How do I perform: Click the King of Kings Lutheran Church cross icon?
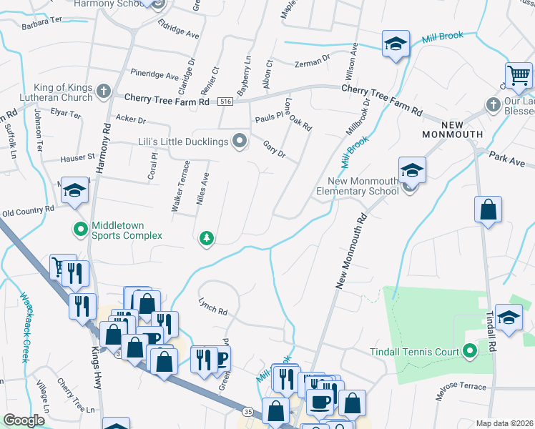103,91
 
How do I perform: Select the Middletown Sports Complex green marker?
80,230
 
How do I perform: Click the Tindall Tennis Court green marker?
469,350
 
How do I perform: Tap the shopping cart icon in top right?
518,74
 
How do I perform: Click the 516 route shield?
225,101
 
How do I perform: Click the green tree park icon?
207,238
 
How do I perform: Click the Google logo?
24,420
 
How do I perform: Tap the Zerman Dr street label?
312,64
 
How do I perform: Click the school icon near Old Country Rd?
74,190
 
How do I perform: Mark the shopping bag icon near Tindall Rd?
488,210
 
